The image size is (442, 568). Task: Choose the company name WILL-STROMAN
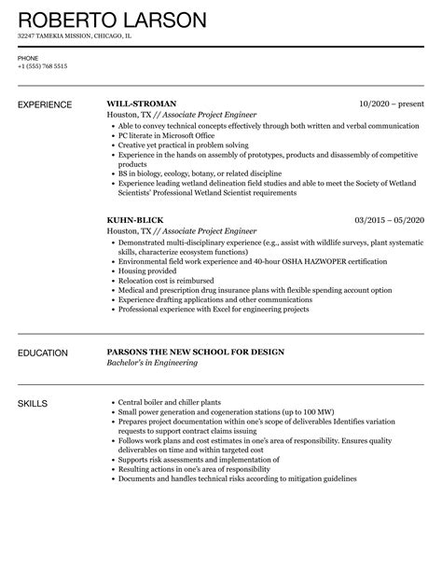143,103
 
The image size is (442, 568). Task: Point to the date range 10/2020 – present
391,103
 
